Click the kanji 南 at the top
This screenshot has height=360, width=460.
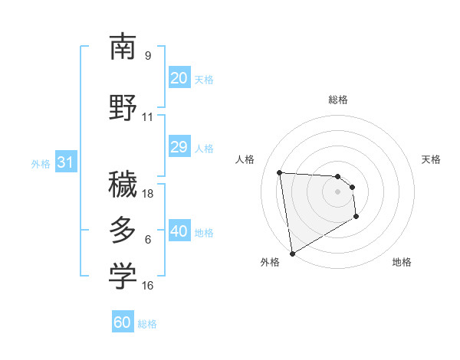pos(123,47)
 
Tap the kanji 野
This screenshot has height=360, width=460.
pos(123,107)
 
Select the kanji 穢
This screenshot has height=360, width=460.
pos(123,185)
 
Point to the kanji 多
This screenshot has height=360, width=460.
pos(123,231)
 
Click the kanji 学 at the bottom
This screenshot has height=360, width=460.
pos(123,277)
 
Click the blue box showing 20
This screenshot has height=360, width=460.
pos(179,78)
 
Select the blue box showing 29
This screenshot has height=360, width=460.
pos(179,147)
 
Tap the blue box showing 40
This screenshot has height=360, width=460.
pos(179,231)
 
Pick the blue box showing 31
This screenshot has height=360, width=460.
pos(65,162)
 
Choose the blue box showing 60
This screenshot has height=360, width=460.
pos(123,322)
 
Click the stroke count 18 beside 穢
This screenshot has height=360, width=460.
pos(148,193)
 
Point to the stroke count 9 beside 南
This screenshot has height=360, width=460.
pos(148,55)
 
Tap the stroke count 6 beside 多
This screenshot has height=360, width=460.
pos(148,240)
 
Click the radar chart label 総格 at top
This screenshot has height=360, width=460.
pos(337,100)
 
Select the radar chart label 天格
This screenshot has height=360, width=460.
pos(431,159)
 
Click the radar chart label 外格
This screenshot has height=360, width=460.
pos(270,262)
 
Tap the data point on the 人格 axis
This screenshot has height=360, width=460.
pos(280,172)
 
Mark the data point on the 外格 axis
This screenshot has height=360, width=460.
pos(291,253)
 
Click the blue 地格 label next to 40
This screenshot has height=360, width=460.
pos(204,232)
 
